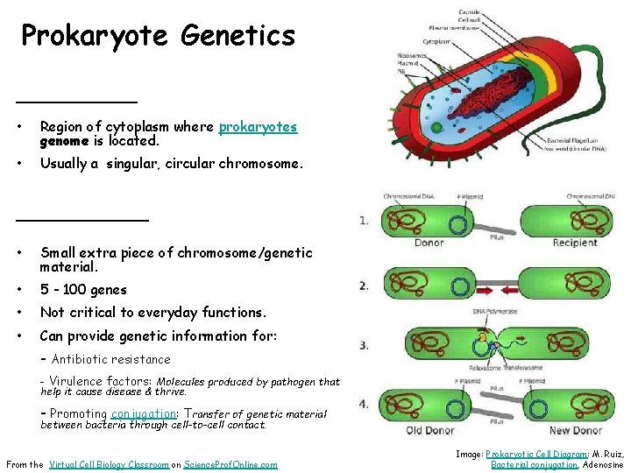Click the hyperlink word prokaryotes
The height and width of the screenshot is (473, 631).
(258, 127)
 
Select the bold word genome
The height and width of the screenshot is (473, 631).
(63, 140)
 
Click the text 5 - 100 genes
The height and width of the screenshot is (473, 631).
(83, 289)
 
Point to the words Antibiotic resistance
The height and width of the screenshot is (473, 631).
(111, 359)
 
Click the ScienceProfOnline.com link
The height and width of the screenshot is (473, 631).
(230, 464)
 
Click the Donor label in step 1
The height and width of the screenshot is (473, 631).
(429, 243)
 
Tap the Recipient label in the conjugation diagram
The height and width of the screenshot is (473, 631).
(574, 243)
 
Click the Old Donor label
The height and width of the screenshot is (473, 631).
(428, 430)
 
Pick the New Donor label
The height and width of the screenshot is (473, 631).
(575, 430)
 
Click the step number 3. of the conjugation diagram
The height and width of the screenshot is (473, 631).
(364, 345)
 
